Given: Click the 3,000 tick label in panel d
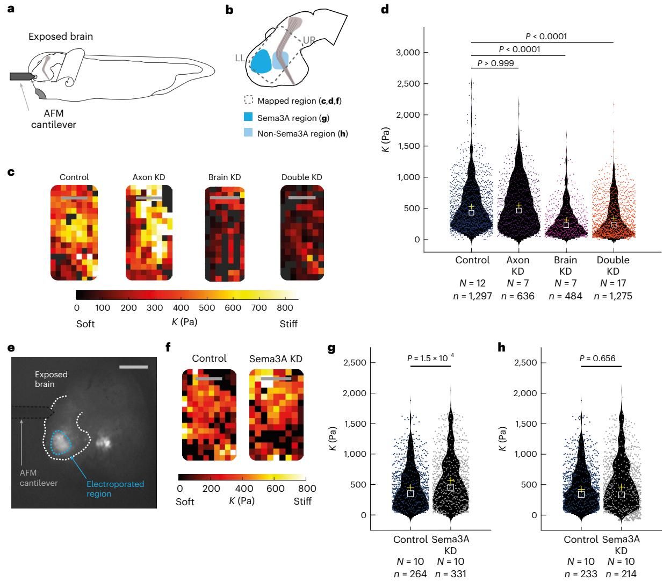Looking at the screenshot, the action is click(x=408, y=52).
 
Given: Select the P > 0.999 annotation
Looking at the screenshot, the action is click(x=495, y=63).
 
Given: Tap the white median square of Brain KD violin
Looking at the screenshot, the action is click(x=566, y=225).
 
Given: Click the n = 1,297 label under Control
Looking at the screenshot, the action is click(x=472, y=296).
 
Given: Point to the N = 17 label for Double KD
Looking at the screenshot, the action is click(x=613, y=283).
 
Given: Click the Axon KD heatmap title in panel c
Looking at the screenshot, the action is click(x=149, y=177).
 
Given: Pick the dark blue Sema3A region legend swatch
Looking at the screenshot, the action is click(x=248, y=117).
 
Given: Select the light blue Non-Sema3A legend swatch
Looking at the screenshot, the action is click(x=248, y=133).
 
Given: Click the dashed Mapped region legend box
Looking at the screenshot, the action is click(x=248, y=100).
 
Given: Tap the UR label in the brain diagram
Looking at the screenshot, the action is click(x=309, y=40).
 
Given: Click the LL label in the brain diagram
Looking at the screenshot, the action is click(x=240, y=58).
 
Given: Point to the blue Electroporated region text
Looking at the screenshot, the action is click(x=115, y=489).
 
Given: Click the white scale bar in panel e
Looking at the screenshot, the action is click(x=133, y=367).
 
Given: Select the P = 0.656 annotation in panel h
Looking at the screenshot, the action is click(x=597, y=358).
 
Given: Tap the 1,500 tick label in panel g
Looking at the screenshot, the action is click(x=355, y=424).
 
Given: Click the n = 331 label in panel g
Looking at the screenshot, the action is click(x=450, y=574).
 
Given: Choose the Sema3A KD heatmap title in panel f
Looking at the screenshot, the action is click(x=276, y=358).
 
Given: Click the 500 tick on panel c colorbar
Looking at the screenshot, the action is click(x=207, y=307).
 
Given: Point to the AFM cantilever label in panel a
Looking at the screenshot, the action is click(x=54, y=119).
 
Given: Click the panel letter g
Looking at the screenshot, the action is click(x=331, y=348).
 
